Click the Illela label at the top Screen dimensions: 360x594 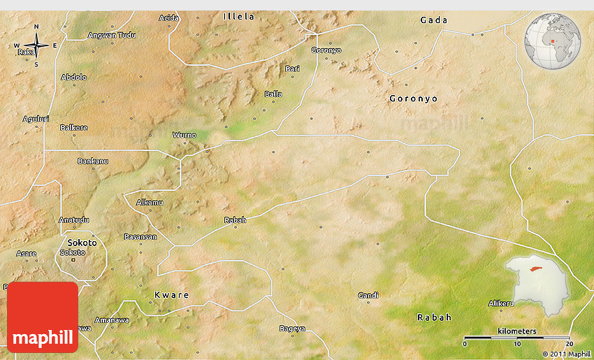click(239, 16)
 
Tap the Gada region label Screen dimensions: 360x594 click(434, 20)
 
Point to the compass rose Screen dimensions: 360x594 click(36, 46)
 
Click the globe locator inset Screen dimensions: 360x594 click(552, 41)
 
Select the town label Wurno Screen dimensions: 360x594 click(184, 135)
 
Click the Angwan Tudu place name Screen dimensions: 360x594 click(112, 35)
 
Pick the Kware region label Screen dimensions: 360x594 click(171, 295)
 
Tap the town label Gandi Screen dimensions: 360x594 click(368, 296)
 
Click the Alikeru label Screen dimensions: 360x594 click(501, 303)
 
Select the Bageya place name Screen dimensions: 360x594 click(292, 329)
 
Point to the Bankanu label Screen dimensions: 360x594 click(93, 161)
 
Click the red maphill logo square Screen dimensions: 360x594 click(43, 317)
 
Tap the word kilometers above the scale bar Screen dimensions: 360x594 click(517, 331)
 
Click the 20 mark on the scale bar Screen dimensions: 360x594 click(569, 344)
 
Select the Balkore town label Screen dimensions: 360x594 click(74, 128)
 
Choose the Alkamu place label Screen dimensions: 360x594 click(150, 203)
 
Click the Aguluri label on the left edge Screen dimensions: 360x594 click(36, 119)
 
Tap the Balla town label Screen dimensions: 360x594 click(273, 94)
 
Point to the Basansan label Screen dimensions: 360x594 click(140, 237)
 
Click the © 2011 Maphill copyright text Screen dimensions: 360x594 click(567, 354)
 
